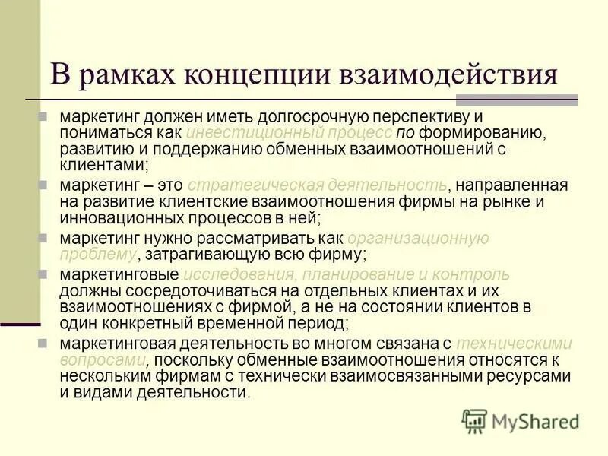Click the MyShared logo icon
coord(475,421)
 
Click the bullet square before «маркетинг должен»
coord(43,118)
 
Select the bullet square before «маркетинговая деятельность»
coord(43,344)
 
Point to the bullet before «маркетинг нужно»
coord(43,239)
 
